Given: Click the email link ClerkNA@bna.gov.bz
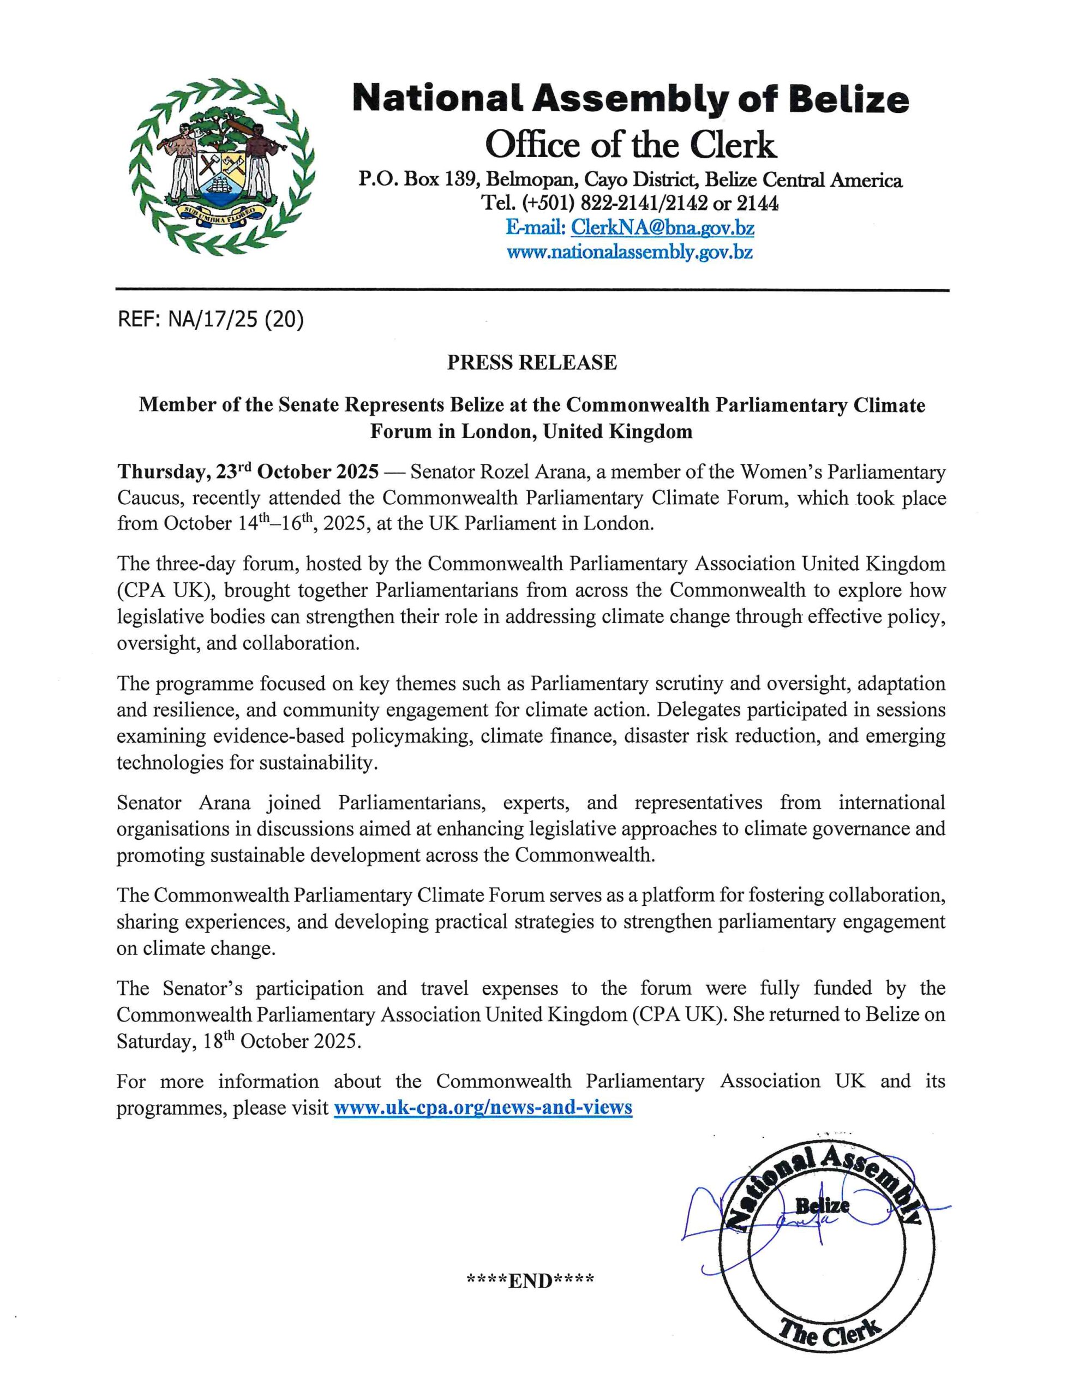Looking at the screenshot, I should click(x=662, y=227).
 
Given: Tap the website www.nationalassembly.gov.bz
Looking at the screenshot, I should click(x=630, y=252).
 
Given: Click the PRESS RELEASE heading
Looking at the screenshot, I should click(x=531, y=363).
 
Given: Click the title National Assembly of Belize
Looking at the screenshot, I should click(x=630, y=100).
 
